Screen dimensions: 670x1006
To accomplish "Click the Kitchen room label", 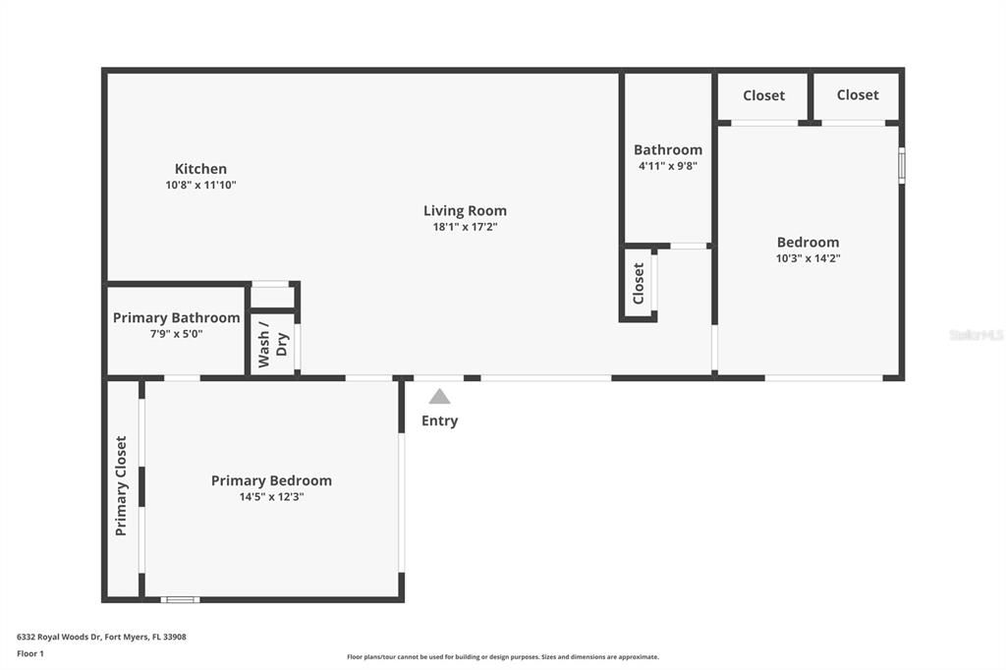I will pos(200,169).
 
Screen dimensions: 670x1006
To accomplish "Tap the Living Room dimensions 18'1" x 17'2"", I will pos(465,227).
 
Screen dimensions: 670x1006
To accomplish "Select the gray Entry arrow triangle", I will pos(439,397).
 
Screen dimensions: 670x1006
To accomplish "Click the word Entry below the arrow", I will pos(439,420).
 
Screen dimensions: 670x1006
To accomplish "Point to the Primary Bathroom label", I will pos(176,317).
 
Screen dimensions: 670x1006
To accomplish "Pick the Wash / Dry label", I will pos(272,344).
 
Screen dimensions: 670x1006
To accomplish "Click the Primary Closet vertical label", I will pos(121,485).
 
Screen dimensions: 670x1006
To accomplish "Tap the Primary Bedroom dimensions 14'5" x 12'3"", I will pos(271,497).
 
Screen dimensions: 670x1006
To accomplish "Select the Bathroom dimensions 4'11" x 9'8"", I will pos(667,166).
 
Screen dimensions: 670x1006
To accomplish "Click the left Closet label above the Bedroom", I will pos(763,95).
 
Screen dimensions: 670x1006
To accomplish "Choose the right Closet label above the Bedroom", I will pos(858,94).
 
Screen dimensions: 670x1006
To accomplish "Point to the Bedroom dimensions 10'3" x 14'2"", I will pos(808,258).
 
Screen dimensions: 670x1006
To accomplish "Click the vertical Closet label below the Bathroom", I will pos(639,283).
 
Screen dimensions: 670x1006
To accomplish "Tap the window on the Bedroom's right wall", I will pos(902,165).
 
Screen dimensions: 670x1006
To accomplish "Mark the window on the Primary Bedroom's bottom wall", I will pos(181,599).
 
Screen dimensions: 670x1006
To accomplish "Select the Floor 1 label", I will pos(30,653).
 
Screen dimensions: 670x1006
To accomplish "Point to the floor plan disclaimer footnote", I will pos(502,657).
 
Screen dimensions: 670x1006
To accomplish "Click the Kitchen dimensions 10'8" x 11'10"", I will pos(200,185).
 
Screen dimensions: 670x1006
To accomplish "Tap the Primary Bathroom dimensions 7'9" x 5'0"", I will pos(176,334).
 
